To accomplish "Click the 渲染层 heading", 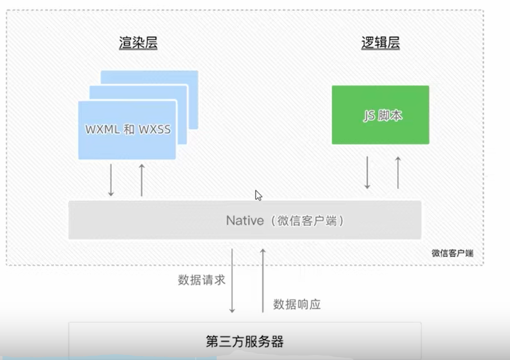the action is tap(138, 43).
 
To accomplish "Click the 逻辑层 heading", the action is tap(381, 43).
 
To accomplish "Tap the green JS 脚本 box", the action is tap(380, 115).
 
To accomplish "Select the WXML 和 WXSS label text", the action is tap(128, 129).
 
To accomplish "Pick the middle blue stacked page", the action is tap(182, 114).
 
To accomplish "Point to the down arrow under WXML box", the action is tap(111, 180).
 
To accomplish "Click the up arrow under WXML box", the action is tap(142, 180).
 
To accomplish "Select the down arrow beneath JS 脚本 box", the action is tap(367, 173).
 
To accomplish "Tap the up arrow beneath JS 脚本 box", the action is tap(398, 173).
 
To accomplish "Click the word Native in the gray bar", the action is tap(245, 221).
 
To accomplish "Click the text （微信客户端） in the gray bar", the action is tap(307, 221).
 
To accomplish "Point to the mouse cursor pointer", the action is tap(258, 195).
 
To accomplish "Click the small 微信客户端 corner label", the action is tap(452, 253).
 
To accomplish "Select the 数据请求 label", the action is tap(201, 280).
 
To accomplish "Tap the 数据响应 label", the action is tap(297, 304).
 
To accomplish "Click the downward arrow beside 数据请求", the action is tap(232, 280).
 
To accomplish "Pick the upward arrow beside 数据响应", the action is tap(263, 280).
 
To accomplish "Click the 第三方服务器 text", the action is tap(245, 341).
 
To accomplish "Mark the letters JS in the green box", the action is tap(369, 116).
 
